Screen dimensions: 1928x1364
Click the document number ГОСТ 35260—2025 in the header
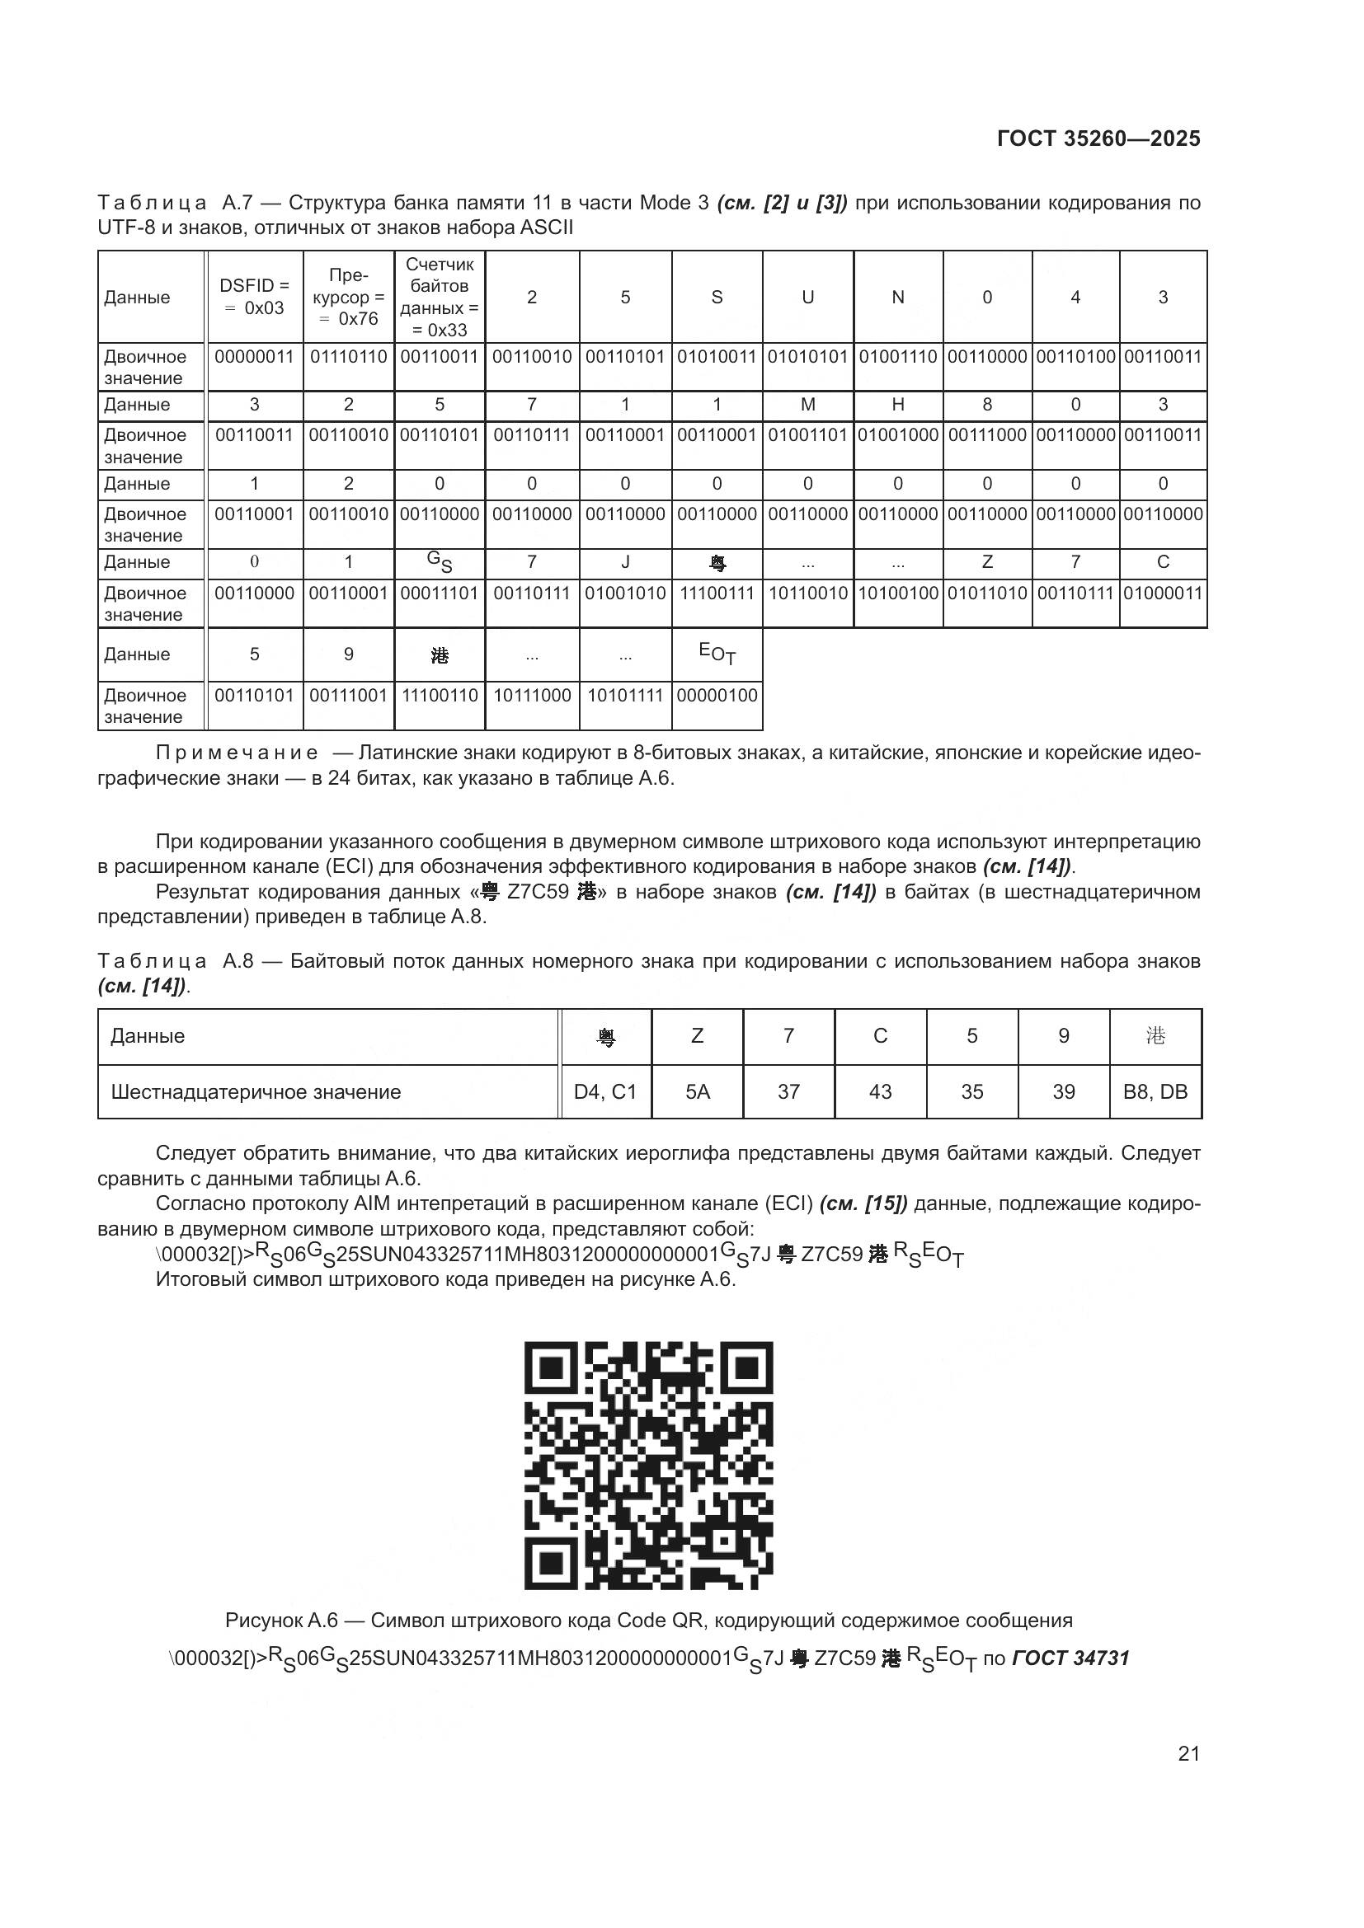point(1098,138)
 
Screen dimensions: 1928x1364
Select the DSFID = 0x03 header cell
point(254,298)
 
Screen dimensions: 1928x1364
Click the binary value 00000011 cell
point(254,357)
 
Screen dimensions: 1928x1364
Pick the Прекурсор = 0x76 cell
point(349,298)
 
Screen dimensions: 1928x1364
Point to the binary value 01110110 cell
point(349,357)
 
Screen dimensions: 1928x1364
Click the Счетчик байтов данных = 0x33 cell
point(440,298)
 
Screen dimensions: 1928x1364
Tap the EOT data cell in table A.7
point(717,654)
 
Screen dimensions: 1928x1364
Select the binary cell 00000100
point(717,696)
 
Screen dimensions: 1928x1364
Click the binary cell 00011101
point(440,593)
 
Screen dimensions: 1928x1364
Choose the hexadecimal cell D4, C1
point(605,1091)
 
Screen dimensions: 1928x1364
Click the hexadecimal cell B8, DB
point(1155,1091)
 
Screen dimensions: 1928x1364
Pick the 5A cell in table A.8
point(697,1091)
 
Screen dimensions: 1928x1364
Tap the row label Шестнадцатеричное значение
point(256,1091)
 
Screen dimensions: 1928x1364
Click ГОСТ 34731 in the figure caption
point(1071,1658)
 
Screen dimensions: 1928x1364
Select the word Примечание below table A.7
point(237,753)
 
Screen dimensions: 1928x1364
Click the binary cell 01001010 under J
point(625,593)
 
